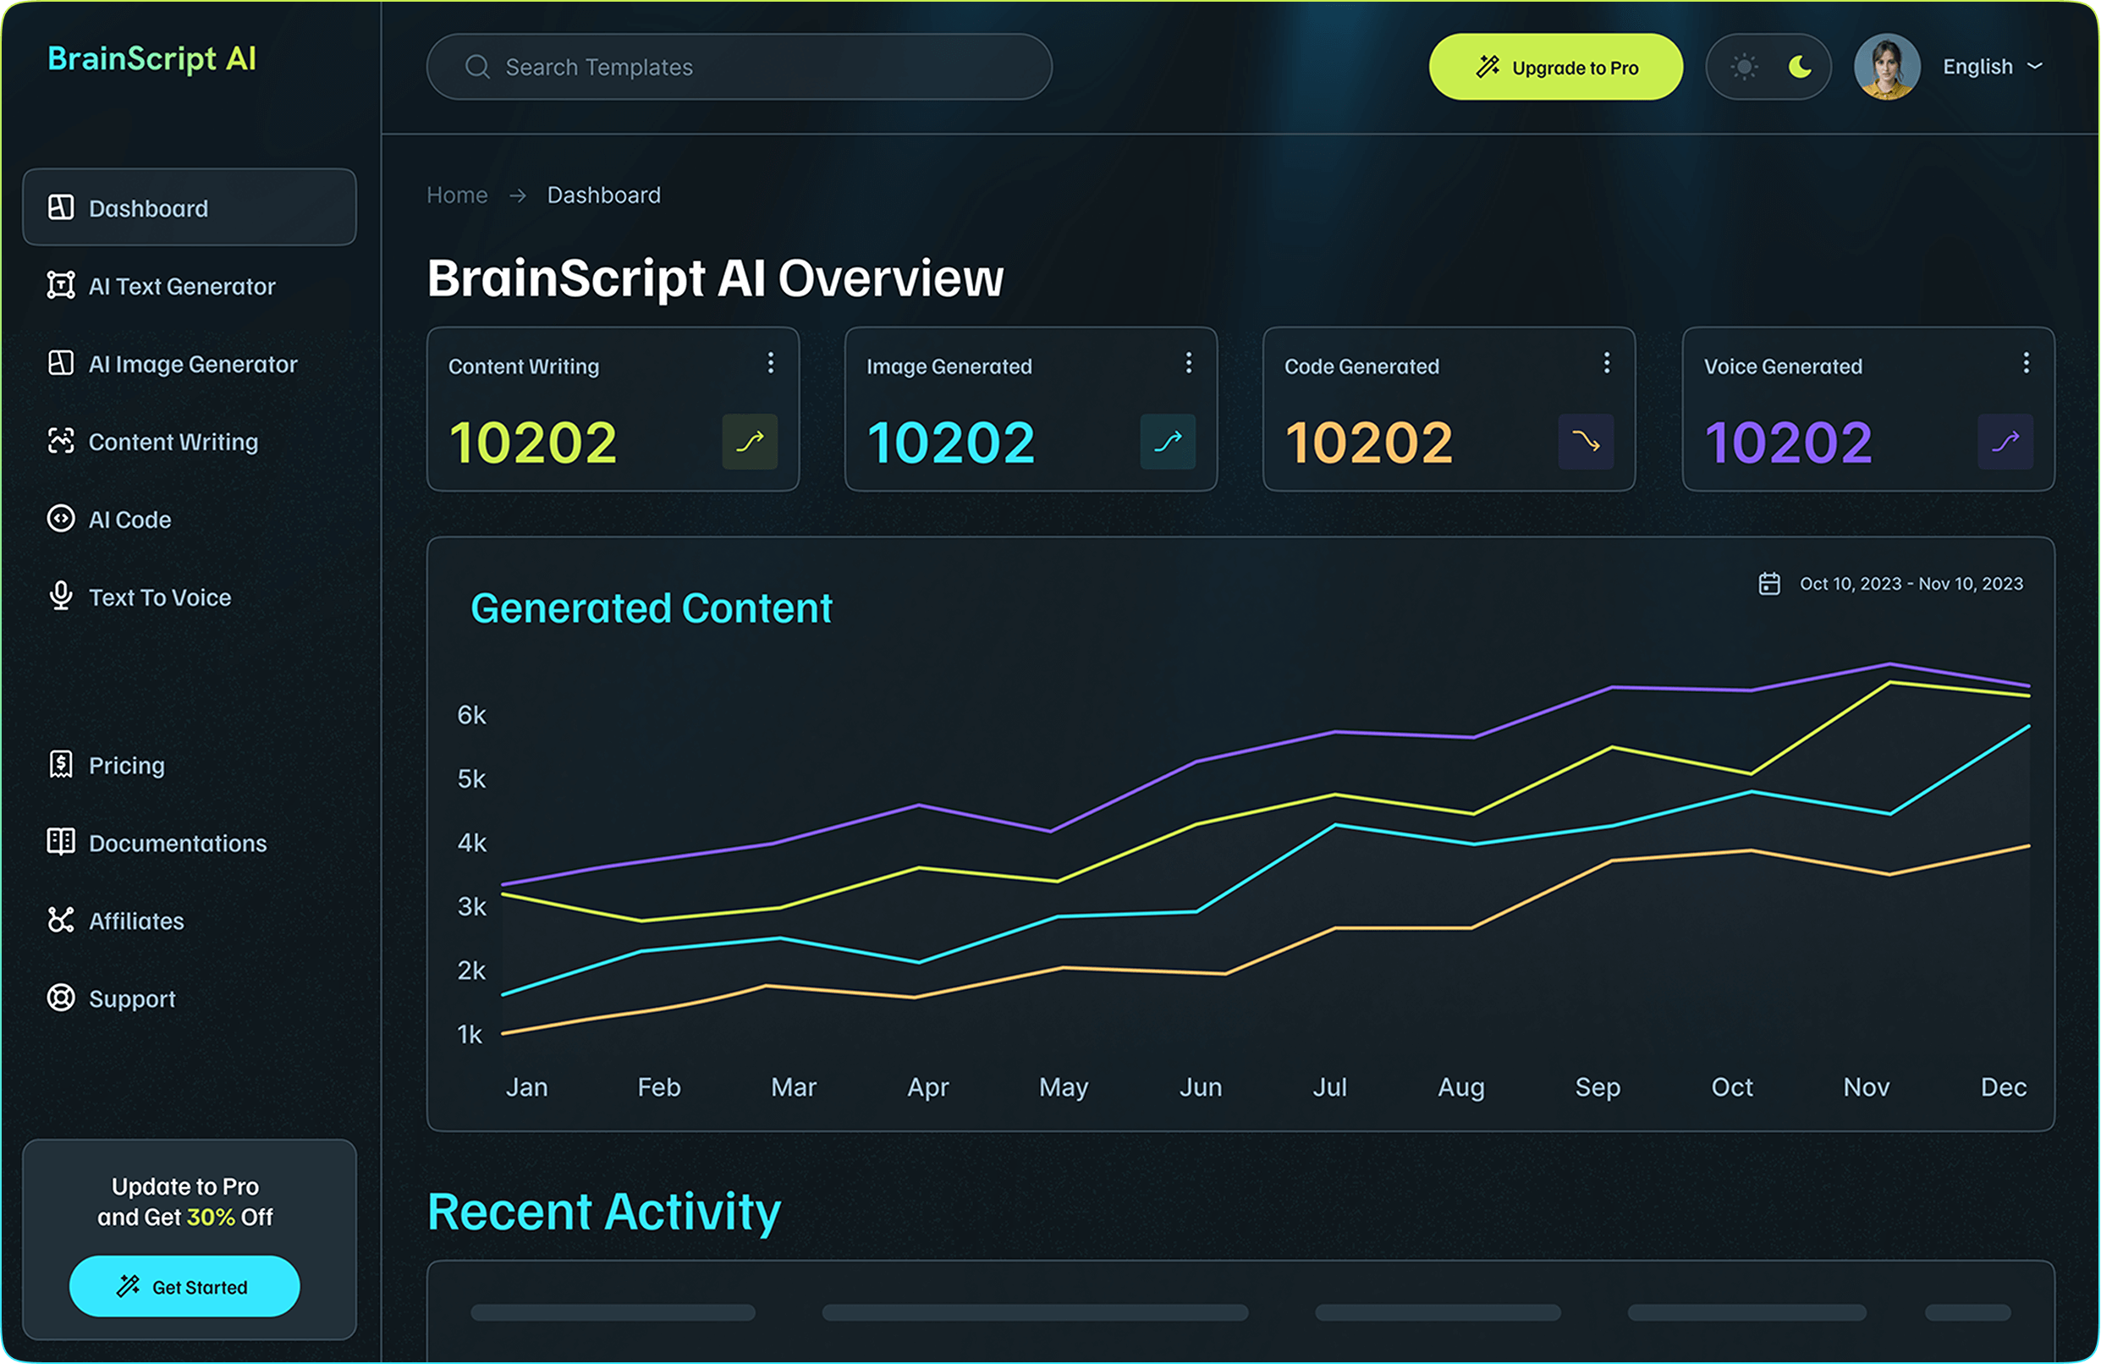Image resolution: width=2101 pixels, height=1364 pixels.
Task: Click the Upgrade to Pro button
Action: pyautogui.click(x=1555, y=67)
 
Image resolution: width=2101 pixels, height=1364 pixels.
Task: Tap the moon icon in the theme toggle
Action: pyautogui.click(x=1799, y=67)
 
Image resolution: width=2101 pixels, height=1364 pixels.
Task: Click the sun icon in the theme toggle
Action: pyautogui.click(x=1743, y=67)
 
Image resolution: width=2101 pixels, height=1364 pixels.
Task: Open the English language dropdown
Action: pyautogui.click(x=1992, y=67)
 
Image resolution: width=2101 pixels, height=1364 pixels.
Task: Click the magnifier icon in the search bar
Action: pyautogui.click(x=476, y=67)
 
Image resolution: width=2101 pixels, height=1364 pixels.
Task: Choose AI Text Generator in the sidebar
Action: pyautogui.click(x=181, y=286)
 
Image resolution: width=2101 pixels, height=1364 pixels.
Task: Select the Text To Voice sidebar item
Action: pyautogui.click(x=159, y=597)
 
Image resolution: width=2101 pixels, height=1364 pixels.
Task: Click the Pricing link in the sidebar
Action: pyautogui.click(x=126, y=766)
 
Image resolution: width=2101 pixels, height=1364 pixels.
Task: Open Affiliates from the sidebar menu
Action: pyautogui.click(x=136, y=921)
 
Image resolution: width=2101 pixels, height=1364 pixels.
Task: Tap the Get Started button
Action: pyautogui.click(x=184, y=1286)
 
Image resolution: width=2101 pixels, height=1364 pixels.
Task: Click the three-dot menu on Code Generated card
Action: pyautogui.click(x=1607, y=363)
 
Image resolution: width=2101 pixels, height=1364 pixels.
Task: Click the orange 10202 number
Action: pyautogui.click(x=1368, y=443)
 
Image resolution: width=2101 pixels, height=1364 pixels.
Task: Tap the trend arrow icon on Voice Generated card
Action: pyautogui.click(x=2005, y=442)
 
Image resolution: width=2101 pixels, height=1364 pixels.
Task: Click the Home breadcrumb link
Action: pyautogui.click(x=456, y=195)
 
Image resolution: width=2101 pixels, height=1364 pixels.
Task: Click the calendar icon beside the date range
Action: pyautogui.click(x=1769, y=584)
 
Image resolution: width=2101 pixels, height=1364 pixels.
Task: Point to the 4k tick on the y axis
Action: pyautogui.click(x=471, y=843)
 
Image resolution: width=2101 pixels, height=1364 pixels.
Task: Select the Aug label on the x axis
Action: pyautogui.click(x=1461, y=1086)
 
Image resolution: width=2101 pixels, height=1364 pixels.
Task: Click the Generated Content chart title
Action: pyautogui.click(x=651, y=608)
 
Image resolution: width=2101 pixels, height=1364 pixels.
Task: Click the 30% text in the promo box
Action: pyautogui.click(x=210, y=1217)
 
